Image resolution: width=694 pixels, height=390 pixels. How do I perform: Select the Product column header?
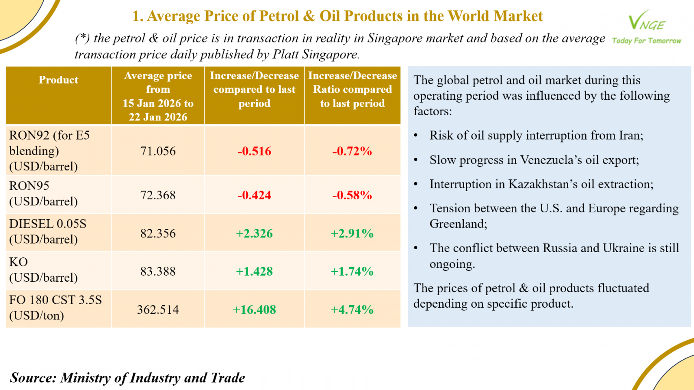click(59, 80)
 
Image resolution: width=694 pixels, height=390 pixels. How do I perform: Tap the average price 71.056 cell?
click(158, 151)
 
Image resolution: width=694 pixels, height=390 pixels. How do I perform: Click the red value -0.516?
click(254, 151)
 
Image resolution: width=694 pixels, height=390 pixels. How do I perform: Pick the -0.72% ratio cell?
click(352, 151)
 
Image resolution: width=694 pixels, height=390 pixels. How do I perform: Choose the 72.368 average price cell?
click(158, 195)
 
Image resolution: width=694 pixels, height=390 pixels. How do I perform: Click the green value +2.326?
click(254, 234)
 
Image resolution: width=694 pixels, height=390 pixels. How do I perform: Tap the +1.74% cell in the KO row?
click(352, 272)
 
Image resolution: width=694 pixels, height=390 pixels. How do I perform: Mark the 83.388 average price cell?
click(158, 272)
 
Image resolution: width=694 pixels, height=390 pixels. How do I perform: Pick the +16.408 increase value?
click(254, 310)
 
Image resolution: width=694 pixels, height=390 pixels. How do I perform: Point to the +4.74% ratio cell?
click(352, 310)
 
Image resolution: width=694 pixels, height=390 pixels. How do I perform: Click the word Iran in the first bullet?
click(629, 136)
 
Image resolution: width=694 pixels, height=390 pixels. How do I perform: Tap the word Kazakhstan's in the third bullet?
click(543, 185)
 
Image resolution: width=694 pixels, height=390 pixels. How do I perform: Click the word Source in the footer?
click(33, 378)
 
